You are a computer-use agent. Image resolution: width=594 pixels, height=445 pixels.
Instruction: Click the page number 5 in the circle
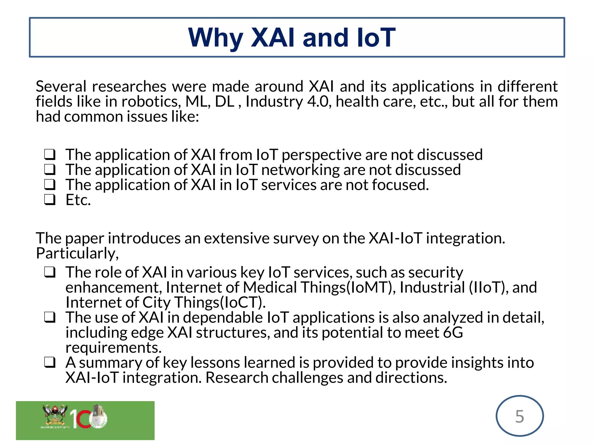pos(519,417)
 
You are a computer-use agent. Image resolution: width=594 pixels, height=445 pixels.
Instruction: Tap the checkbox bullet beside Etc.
pos(50,200)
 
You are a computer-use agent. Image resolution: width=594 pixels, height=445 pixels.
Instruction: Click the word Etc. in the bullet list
pos(78,200)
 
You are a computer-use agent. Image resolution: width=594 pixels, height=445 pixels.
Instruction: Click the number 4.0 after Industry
pos(319,102)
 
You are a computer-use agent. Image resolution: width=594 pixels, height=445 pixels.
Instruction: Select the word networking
pos(300,170)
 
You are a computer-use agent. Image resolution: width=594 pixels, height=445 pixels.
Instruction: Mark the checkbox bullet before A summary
pos(50,362)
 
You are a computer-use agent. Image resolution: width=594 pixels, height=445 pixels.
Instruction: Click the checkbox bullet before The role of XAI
pos(50,272)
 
